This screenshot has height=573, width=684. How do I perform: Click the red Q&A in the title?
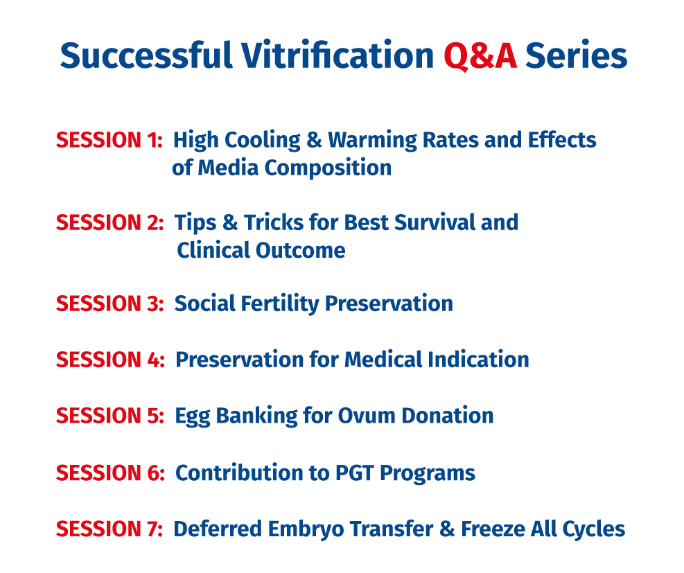[480, 56]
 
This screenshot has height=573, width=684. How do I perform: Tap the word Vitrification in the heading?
[337, 55]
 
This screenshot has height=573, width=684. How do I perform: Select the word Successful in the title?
[146, 55]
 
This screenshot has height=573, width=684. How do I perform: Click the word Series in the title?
[577, 55]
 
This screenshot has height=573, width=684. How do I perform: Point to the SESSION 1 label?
[109, 140]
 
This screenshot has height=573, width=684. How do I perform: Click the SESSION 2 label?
[110, 222]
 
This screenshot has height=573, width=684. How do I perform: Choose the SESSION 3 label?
[110, 303]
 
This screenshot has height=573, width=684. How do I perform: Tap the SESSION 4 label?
[110, 360]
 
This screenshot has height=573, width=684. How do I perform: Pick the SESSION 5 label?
[110, 416]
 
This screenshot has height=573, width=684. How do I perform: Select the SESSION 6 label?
[110, 473]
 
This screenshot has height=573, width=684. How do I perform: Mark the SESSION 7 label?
[109, 529]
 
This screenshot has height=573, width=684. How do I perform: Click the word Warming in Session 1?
[373, 141]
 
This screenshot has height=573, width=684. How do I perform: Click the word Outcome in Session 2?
[301, 250]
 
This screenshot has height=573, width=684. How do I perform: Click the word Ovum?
[366, 416]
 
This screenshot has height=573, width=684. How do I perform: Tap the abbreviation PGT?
[355, 473]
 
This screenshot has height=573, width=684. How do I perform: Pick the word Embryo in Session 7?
[306, 530]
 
